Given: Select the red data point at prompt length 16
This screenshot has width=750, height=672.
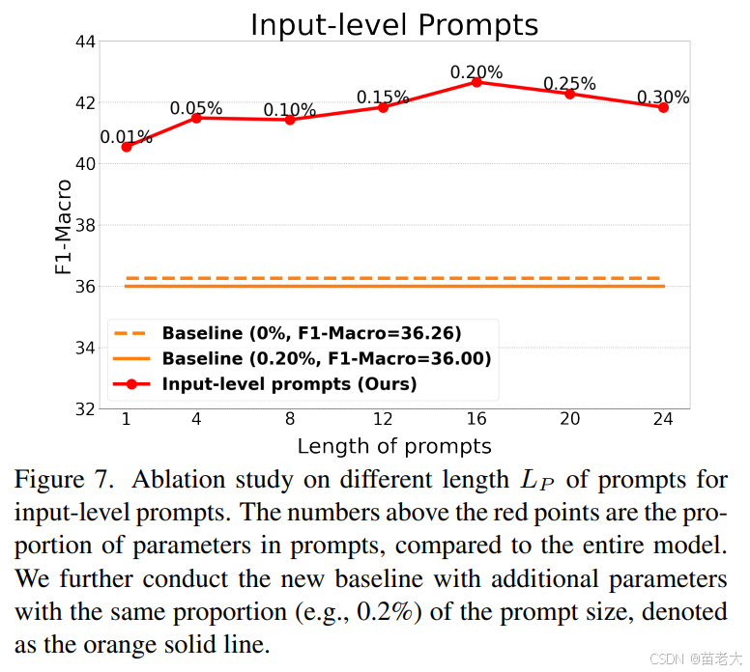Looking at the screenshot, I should click(x=476, y=82).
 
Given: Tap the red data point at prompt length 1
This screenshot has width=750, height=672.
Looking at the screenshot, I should click(x=127, y=147).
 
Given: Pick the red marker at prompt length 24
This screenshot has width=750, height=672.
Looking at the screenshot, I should click(x=663, y=107).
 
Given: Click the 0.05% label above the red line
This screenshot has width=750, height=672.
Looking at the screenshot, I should click(x=196, y=109).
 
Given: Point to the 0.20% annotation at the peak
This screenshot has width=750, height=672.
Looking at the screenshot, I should click(x=476, y=72).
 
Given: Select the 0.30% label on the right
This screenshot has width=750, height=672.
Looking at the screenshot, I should click(x=663, y=98).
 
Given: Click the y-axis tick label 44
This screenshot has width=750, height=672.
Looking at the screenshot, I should click(x=82, y=42).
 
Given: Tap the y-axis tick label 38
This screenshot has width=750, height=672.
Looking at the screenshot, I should click(x=82, y=225).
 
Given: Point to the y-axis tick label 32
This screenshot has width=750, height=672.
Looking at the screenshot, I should click(x=82, y=408).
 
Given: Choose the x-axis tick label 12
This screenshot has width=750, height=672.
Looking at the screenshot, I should click(x=383, y=421).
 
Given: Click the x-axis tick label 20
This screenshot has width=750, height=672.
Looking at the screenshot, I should click(x=569, y=421).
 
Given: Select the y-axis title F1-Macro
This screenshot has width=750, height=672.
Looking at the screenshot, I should click(x=64, y=226).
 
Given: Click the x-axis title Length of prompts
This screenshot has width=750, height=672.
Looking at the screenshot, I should click(x=393, y=446).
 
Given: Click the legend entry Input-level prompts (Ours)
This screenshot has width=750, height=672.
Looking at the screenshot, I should click(x=289, y=384).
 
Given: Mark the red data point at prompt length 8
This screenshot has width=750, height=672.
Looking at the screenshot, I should click(x=290, y=120).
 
